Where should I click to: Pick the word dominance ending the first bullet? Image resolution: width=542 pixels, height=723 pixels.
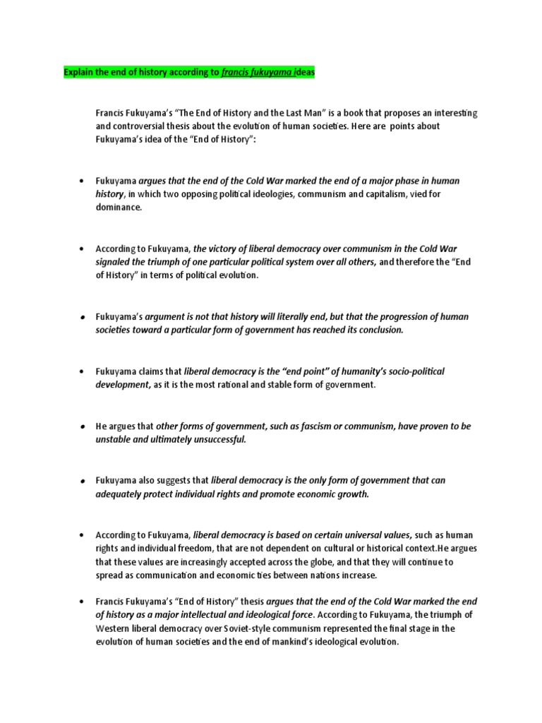(118, 207)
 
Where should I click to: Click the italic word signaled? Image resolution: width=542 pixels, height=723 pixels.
(116, 262)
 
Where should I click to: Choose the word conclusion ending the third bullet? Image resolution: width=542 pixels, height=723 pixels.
(378, 330)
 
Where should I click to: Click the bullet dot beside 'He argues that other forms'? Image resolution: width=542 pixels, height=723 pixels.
(83, 426)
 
